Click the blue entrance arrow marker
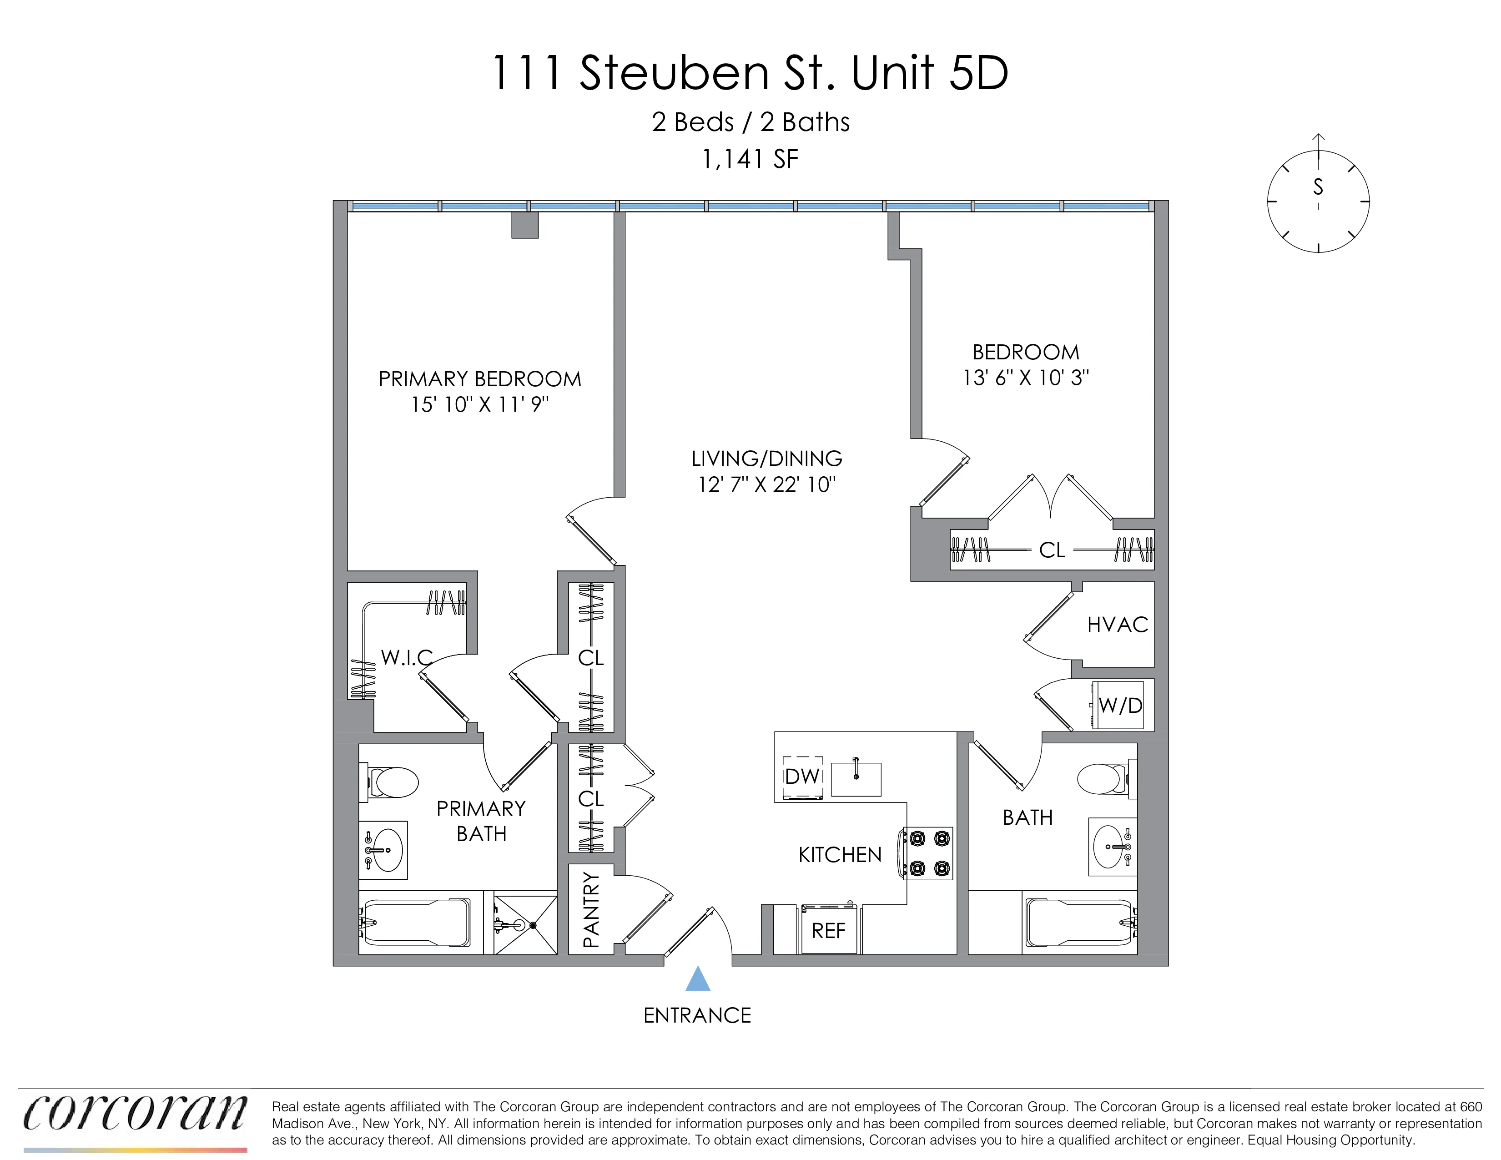coord(698,979)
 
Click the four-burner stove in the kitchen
coord(928,853)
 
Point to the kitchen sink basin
coord(856,779)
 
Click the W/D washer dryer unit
coord(1119,705)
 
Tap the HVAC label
coord(1118,625)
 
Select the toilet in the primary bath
coord(392,783)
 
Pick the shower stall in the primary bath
coord(525,923)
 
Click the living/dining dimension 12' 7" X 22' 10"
coord(766,484)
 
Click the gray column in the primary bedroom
coord(524,225)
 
